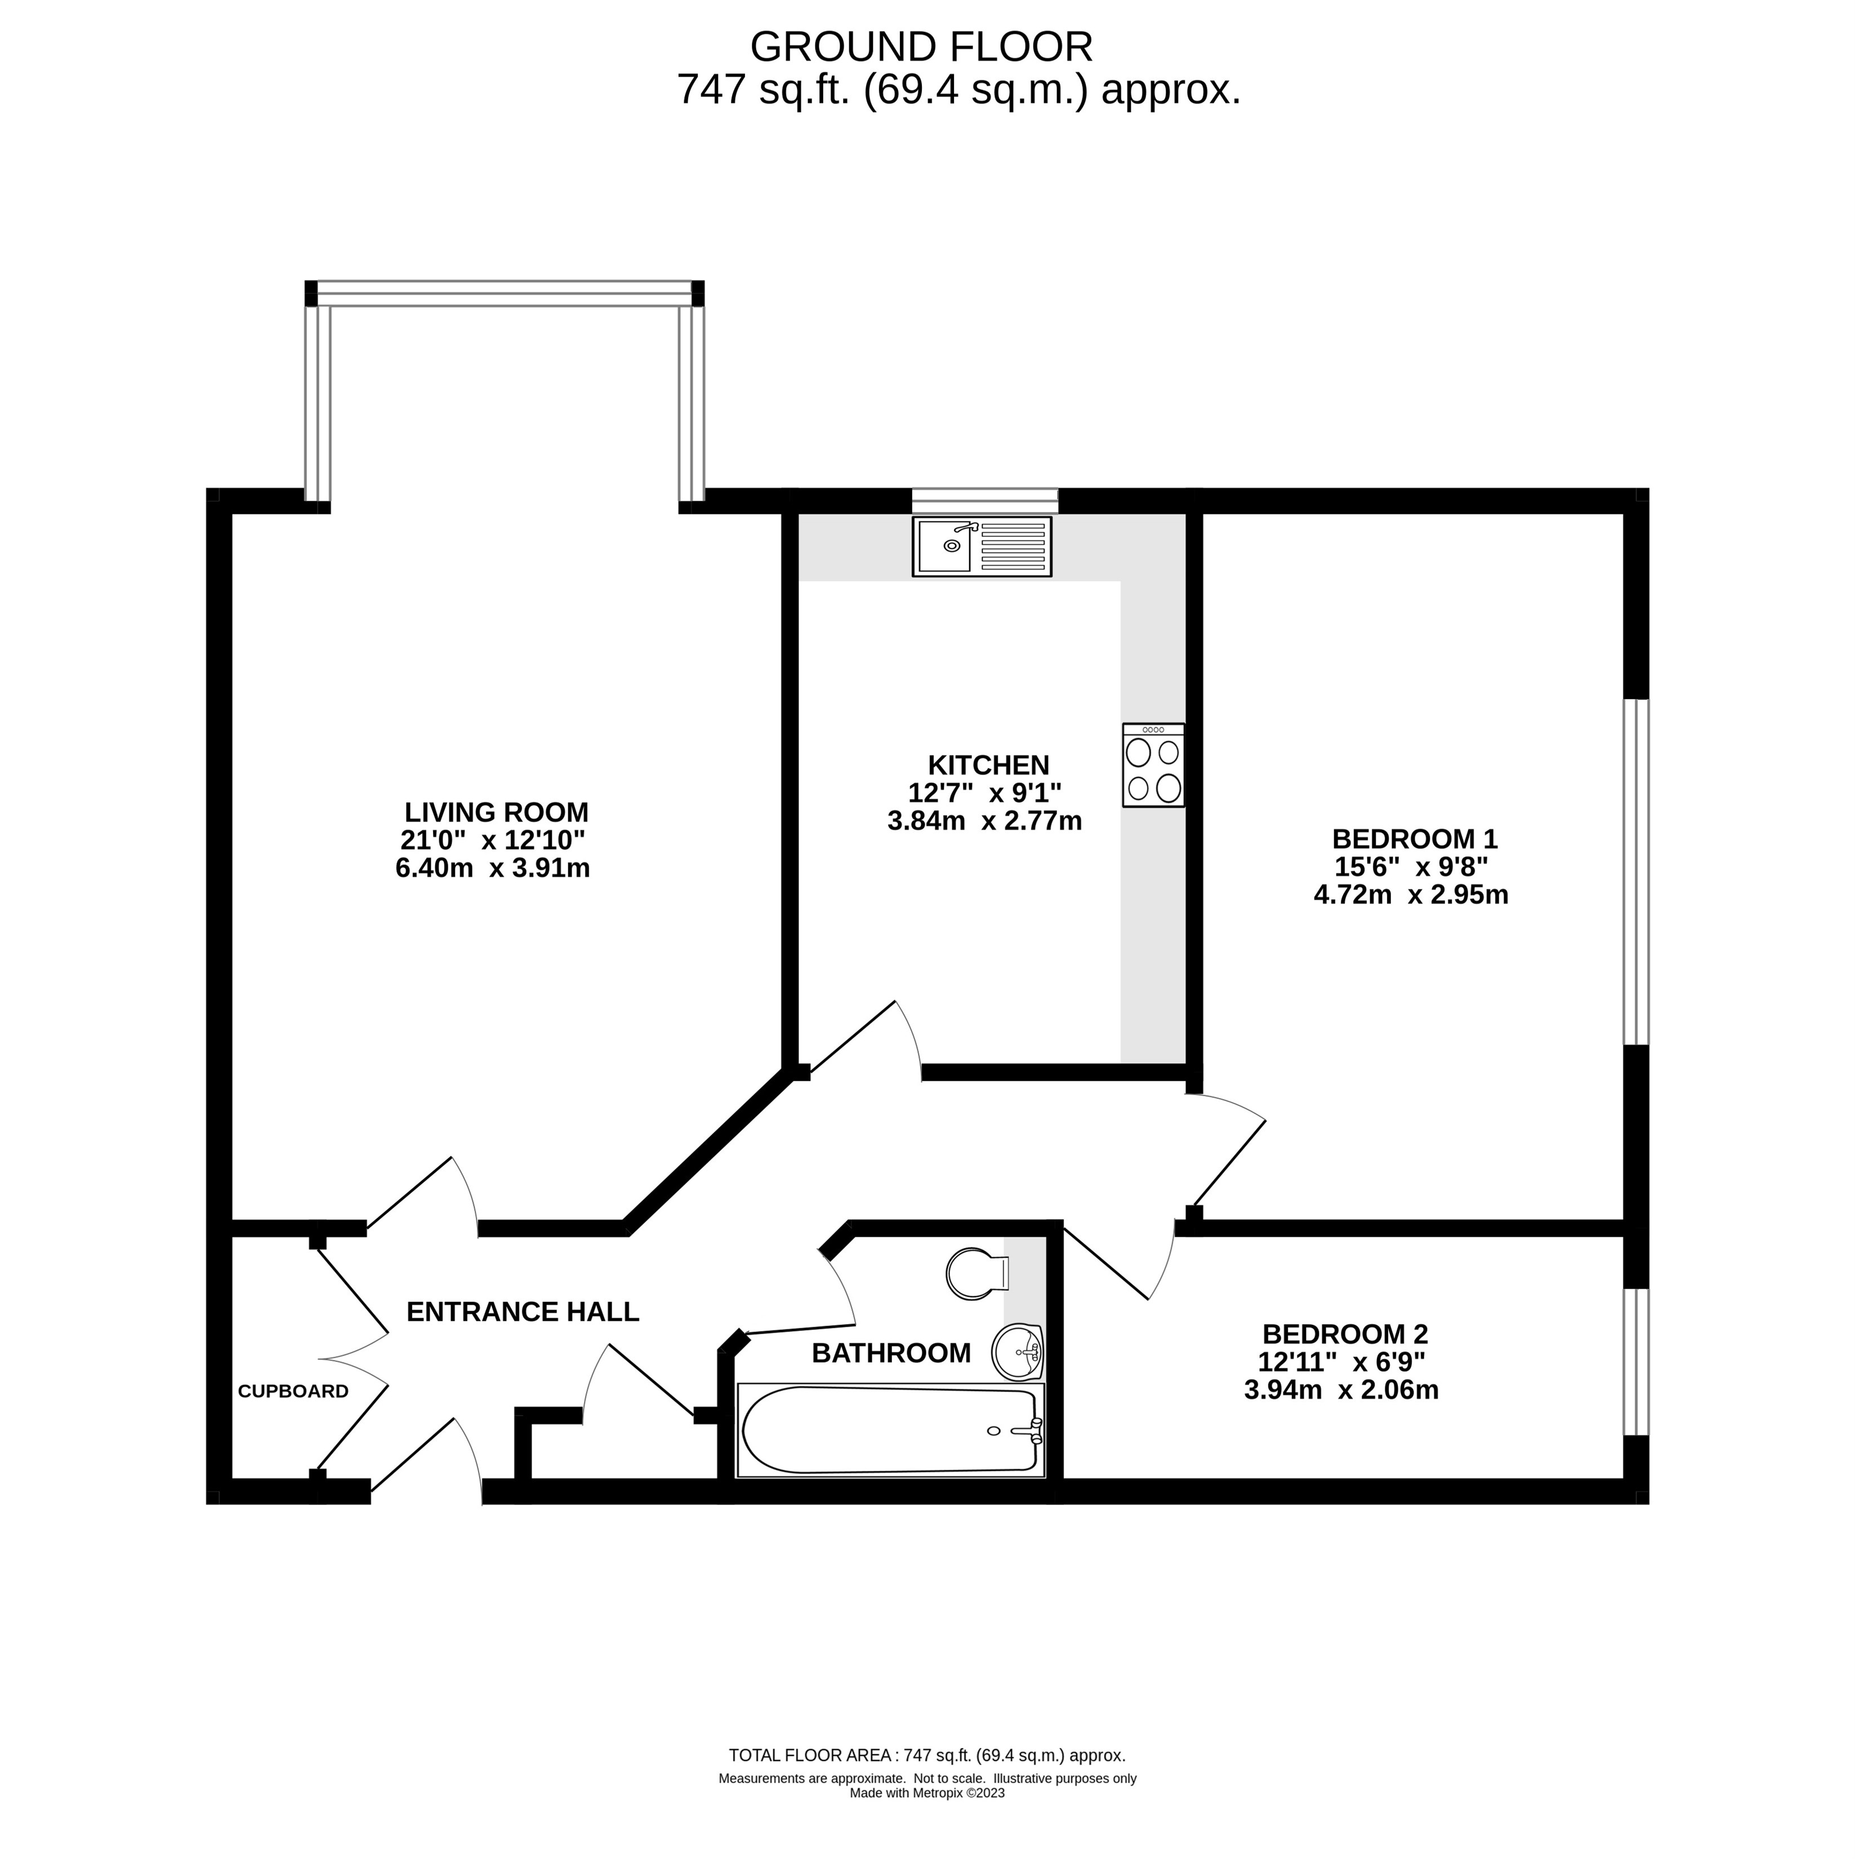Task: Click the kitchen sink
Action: (982, 546)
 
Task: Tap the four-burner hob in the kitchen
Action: (1153, 765)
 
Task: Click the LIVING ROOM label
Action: (497, 812)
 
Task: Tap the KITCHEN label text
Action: (988, 765)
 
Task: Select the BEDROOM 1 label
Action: (1415, 838)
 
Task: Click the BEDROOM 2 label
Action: (1345, 1335)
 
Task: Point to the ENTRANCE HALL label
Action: (523, 1311)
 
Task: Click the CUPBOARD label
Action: (293, 1391)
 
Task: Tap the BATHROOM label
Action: (891, 1353)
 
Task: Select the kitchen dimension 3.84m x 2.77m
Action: (984, 821)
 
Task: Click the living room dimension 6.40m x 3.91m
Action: (493, 868)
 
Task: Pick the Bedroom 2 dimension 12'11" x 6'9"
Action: (1341, 1363)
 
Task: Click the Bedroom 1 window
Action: (1635, 872)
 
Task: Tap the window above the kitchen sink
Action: (986, 501)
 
